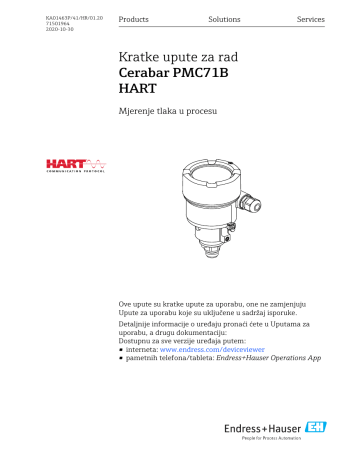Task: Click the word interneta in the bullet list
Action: point(142,356)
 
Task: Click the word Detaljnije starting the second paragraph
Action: point(135,325)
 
